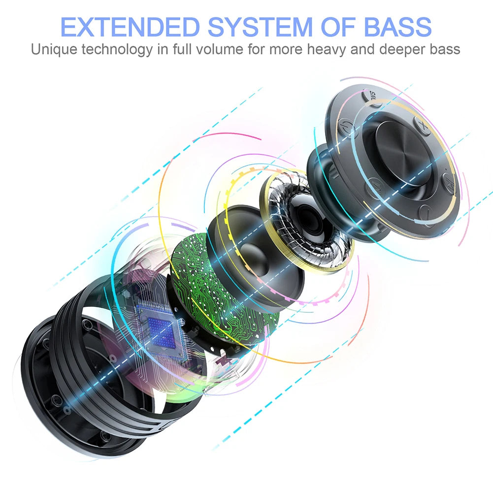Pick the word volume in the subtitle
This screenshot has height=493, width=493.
click(x=219, y=49)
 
